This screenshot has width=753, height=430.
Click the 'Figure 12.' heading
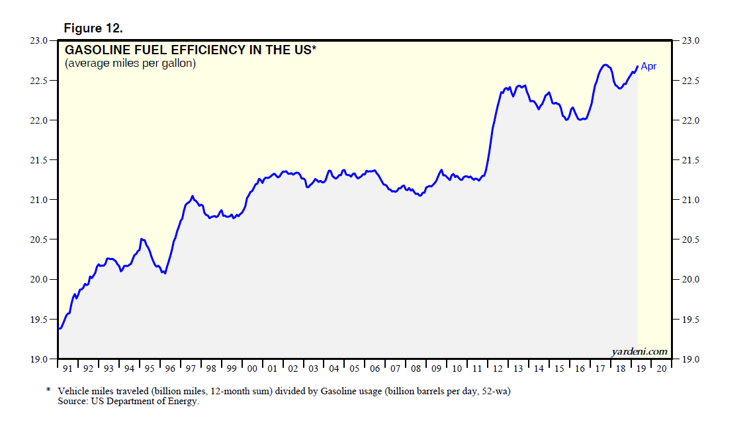click(x=93, y=28)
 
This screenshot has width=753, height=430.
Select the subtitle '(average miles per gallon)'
click(x=130, y=64)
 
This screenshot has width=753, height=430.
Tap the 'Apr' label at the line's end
click(x=648, y=66)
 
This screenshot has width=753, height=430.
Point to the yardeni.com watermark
click(x=639, y=351)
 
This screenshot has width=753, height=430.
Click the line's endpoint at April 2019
click(x=637, y=66)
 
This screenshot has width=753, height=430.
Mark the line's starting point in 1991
click(x=59, y=329)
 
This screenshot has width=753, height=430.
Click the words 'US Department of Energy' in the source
click(x=142, y=402)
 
